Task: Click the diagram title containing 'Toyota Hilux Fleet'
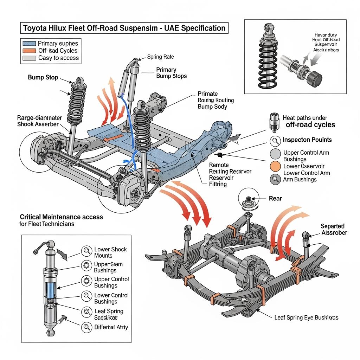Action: click(x=124, y=28)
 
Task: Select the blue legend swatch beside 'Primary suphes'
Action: click(x=29, y=44)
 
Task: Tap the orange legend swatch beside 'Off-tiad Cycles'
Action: click(x=29, y=51)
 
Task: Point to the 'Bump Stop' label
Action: click(x=43, y=77)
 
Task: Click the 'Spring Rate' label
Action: click(x=160, y=57)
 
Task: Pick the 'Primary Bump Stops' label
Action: click(x=171, y=73)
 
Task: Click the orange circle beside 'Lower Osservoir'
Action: click(x=275, y=166)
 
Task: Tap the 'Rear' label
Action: click(x=275, y=199)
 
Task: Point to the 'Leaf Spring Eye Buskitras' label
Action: click(x=306, y=317)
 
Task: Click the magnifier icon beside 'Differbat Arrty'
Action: click(x=86, y=327)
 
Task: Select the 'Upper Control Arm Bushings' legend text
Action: click(x=306, y=156)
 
